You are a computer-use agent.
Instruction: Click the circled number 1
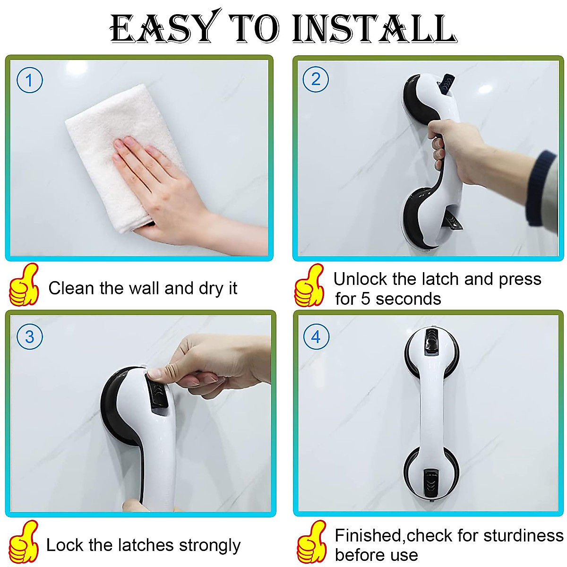pyautogui.click(x=29, y=80)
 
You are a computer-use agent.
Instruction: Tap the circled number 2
pyautogui.click(x=316, y=79)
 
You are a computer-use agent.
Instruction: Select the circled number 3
pyautogui.click(x=29, y=337)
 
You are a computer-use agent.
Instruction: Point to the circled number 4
pyautogui.click(x=316, y=337)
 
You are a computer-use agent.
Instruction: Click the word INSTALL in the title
pyautogui.click(x=373, y=29)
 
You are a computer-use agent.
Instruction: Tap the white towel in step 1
pyautogui.click(x=113, y=142)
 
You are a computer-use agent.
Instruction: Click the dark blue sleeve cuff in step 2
pyautogui.click(x=541, y=189)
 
